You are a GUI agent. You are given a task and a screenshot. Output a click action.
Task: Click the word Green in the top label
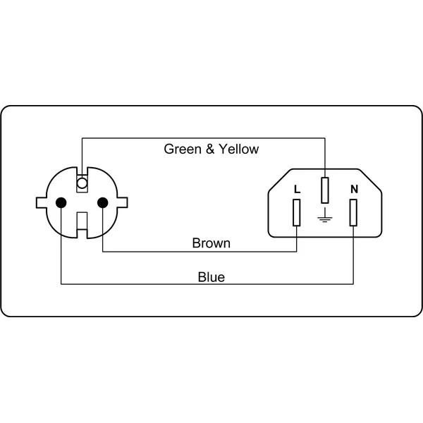pos(183,149)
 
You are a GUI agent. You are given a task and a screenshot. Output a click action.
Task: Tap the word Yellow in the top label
pos(239,149)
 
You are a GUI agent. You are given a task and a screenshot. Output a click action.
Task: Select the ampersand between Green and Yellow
pos(210,149)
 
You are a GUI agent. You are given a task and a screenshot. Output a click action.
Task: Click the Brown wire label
pos(211,243)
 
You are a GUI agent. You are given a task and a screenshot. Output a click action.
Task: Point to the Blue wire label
pos(211,277)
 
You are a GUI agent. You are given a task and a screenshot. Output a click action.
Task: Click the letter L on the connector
pos(297,189)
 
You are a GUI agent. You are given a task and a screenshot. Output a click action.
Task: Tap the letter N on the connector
pos(354,189)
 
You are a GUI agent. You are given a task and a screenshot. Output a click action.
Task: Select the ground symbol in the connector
pos(325,215)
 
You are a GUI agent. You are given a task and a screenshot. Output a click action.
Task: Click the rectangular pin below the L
pos(297,213)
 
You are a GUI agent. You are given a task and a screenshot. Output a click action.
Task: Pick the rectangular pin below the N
pos(353,213)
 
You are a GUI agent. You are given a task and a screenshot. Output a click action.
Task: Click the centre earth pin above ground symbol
pos(325,190)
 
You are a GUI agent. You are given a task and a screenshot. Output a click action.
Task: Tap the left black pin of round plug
pos(61,202)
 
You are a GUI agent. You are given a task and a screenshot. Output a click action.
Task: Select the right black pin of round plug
pos(102,202)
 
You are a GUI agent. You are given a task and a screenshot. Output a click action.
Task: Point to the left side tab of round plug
pos(42,203)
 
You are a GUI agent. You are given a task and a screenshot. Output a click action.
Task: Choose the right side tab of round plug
pos(122,202)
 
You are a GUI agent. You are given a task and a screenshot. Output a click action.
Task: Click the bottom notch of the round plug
pos(82,225)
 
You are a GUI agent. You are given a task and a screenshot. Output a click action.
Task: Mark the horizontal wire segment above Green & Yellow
pos(204,138)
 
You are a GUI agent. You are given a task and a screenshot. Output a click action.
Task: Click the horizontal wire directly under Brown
pos(200,252)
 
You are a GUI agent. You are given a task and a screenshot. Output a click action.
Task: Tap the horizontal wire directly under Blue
pos(207,284)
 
